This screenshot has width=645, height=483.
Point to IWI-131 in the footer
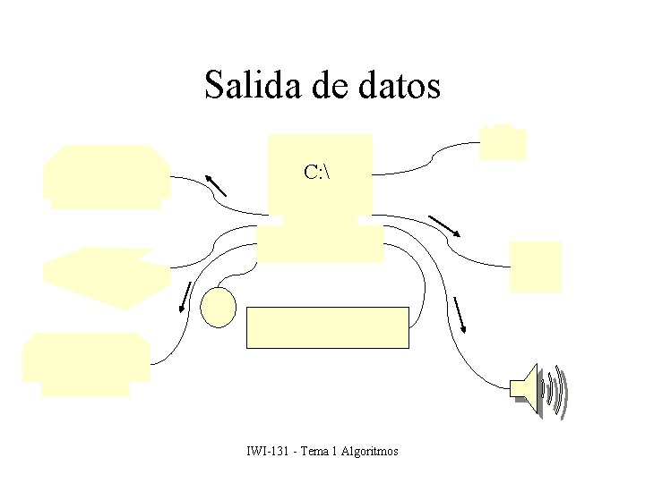(267, 452)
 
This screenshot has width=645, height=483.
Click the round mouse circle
(218, 307)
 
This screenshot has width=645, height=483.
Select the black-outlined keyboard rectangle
(328, 326)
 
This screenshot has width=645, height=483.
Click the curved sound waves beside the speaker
(557, 390)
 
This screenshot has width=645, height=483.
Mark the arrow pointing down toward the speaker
(460, 314)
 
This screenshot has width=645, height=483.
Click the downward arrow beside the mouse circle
(186, 297)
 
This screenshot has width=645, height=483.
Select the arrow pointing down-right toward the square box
(444, 225)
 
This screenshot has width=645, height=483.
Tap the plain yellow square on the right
(536, 267)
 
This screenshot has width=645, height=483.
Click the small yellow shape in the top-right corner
(503, 143)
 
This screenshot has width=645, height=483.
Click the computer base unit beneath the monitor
(320, 242)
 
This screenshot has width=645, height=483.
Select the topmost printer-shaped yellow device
(107, 175)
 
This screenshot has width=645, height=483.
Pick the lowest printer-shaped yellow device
(87, 363)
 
